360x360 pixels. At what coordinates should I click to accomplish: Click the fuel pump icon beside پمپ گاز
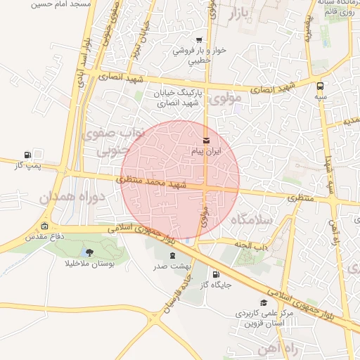pyautogui.click(x=27, y=155)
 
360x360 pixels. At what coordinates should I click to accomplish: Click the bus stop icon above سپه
pyautogui.click(x=320, y=86)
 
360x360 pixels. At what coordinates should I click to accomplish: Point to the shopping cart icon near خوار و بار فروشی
pyautogui.click(x=200, y=40)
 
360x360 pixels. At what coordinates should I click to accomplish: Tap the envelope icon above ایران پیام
pyautogui.click(x=206, y=141)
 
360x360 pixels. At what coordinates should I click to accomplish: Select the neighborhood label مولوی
pyautogui.click(x=226, y=98)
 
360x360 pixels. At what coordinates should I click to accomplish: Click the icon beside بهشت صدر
pyautogui.click(x=172, y=255)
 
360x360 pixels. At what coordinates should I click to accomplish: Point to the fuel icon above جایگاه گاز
pyautogui.click(x=215, y=274)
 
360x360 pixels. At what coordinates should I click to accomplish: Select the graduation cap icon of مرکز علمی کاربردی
pyautogui.click(x=264, y=302)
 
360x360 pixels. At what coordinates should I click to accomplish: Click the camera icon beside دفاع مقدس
pyautogui.click(x=46, y=226)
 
